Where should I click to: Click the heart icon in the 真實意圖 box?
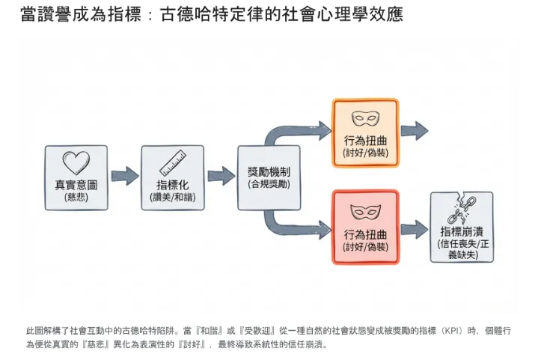tap(76, 162)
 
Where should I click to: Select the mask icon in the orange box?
tap(366, 118)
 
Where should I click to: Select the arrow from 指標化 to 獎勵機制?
tap(221, 177)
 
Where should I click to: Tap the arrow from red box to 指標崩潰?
tap(414, 228)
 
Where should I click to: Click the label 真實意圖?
tap(76, 184)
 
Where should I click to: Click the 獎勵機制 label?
tap(269, 171)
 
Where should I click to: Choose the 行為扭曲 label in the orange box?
tap(366, 139)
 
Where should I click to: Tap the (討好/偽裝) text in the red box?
tap(366, 246)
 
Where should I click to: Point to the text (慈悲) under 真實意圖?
tap(76, 197)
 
